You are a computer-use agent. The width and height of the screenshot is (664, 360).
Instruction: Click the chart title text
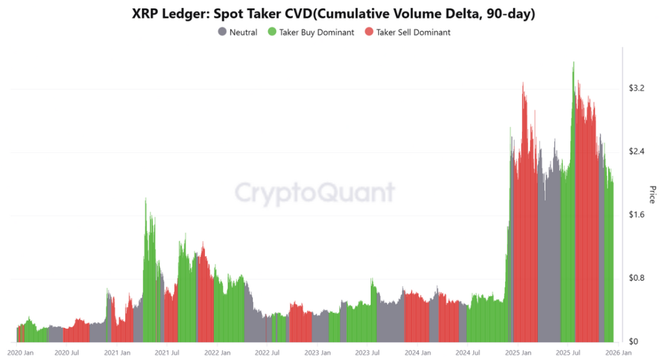(331, 13)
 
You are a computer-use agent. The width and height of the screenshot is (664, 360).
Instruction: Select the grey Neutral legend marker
(222, 32)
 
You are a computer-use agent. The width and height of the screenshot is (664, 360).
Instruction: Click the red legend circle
(370, 32)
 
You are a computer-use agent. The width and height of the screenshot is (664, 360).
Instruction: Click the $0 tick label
(633, 341)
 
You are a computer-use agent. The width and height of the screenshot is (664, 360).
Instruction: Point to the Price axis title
(652, 194)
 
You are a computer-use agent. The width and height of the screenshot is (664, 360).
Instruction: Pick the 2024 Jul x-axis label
(468, 353)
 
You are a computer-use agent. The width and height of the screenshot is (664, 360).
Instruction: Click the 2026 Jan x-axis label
(617, 353)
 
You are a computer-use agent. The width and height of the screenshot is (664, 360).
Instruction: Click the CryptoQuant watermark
(314, 193)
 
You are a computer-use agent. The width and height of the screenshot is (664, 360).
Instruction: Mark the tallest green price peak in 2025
(573, 63)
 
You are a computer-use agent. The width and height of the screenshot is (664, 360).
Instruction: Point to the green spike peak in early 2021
(145, 199)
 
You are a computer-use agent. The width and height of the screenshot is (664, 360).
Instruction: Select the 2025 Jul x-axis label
(568, 353)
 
